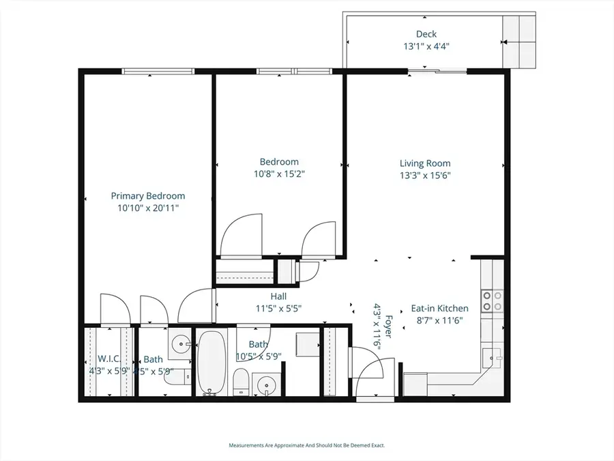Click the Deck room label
(426, 34)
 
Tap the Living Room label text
(425, 163)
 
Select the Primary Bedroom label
(148, 196)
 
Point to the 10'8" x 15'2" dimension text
(279, 174)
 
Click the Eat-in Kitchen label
(439, 309)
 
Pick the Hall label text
(278, 296)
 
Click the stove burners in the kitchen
(493, 301)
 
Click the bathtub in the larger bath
(212, 362)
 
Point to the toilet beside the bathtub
(241, 382)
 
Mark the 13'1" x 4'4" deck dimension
(426, 46)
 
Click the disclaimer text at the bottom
(306, 445)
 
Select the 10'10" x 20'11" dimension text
(148, 208)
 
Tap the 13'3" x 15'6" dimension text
(425, 176)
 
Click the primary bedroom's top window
(158, 71)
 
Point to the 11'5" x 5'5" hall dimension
(278, 308)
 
